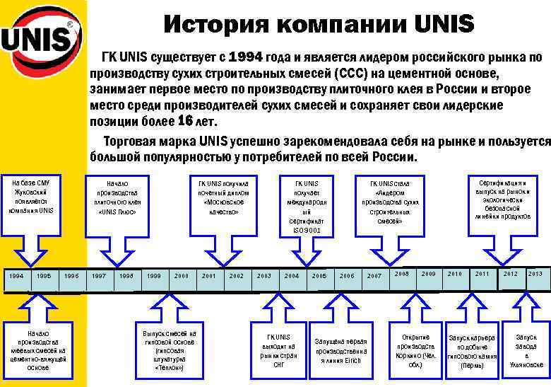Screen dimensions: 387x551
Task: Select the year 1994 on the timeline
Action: tap(16, 275)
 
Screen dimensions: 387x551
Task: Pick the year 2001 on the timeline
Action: tap(209, 275)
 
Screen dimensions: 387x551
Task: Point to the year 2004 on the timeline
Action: tap(292, 275)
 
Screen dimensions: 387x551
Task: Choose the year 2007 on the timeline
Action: tap(374, 275)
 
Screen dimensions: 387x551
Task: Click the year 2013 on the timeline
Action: tap(535, 274)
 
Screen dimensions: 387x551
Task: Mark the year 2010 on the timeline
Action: tap(455, 274)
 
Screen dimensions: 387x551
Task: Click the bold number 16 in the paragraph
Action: tap(177, 120)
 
